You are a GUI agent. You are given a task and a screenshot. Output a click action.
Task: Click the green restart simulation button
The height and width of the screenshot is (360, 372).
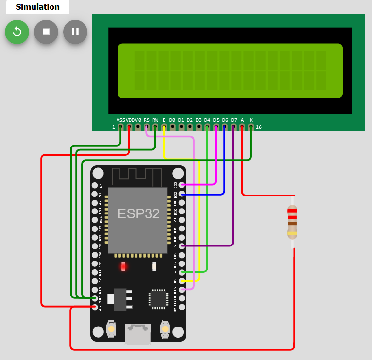pos(17,32)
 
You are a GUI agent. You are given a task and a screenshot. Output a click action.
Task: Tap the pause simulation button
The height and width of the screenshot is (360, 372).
pos(75,32)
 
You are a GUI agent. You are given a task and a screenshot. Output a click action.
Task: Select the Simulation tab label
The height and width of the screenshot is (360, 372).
pos(37,7)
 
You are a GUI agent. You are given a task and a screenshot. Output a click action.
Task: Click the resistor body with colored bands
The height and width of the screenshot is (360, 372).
pos(292,222)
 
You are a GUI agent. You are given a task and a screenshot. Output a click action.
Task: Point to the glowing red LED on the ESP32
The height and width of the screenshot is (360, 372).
pos(123,266)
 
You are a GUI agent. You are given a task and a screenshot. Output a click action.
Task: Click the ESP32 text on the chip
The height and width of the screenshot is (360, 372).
pos(138,214)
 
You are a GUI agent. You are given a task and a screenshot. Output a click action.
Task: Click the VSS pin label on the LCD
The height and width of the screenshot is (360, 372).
pos(121,120)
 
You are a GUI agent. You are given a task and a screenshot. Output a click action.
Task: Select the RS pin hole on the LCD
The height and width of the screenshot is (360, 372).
pos(147,127)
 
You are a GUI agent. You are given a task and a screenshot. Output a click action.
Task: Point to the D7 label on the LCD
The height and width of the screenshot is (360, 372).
pos(234,120)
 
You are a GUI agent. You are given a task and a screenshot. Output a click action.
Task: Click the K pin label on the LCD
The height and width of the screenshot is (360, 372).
pos(251,120)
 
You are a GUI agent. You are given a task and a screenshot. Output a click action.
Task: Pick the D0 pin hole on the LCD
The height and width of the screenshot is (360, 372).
pos(172,127)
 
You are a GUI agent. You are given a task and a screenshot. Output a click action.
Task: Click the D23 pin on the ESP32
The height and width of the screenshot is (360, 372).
pos(182,185)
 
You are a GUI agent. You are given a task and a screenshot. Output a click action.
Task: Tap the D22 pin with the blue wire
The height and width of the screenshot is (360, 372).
pos(182,194)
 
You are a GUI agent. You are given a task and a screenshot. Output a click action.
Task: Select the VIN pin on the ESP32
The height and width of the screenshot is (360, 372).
pos(95,307)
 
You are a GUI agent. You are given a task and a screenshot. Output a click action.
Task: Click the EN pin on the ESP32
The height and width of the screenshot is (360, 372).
pos(95,185)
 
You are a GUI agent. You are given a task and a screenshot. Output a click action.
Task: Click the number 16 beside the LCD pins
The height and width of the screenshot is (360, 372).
pos(259,127)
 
